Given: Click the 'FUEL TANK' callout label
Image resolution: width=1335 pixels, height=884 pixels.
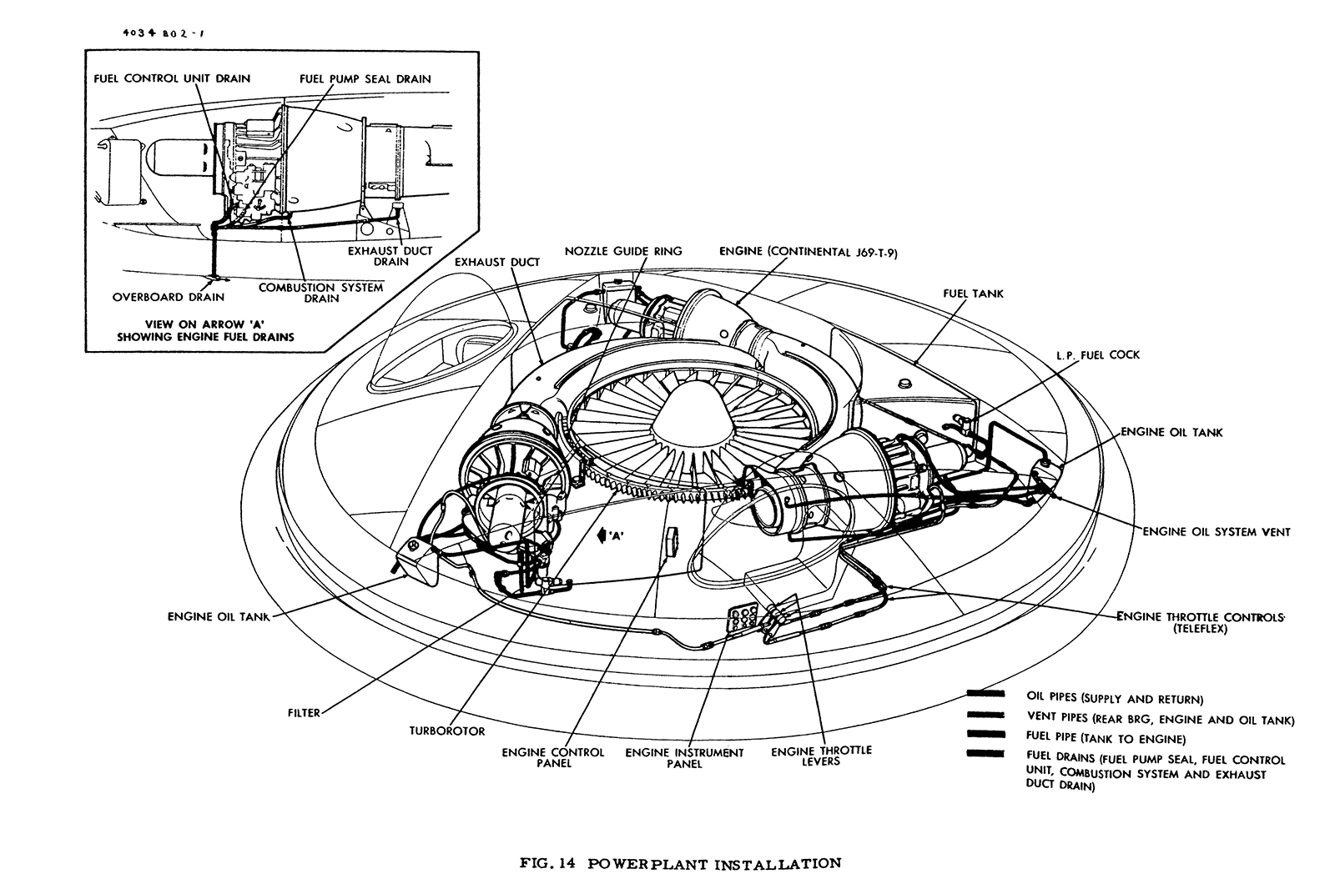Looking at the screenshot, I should click(973, 294).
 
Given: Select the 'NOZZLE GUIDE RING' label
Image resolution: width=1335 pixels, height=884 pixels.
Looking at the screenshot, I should click(622, 251).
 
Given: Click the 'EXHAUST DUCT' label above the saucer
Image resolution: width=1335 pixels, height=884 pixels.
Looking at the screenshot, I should click(497, 262).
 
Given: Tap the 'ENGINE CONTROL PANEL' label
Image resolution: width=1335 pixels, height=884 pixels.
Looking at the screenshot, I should click(552, 757).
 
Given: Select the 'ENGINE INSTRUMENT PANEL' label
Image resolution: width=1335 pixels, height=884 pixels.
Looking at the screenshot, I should click(684, 758).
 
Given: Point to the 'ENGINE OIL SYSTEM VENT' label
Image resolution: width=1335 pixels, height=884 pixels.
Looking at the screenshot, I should click(1216, 531).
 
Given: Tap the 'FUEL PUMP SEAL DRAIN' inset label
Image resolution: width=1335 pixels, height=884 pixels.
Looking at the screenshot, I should click(365, 79).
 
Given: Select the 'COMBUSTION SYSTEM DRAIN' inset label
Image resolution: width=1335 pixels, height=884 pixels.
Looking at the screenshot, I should click(320, 293).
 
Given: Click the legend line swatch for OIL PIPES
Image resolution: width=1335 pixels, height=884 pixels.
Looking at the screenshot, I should click(985, 693).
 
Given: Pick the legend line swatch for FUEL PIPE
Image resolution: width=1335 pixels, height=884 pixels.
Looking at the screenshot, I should click(985, 734).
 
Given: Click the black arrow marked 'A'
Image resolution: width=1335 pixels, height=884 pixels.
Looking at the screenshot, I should click(602, 537).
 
